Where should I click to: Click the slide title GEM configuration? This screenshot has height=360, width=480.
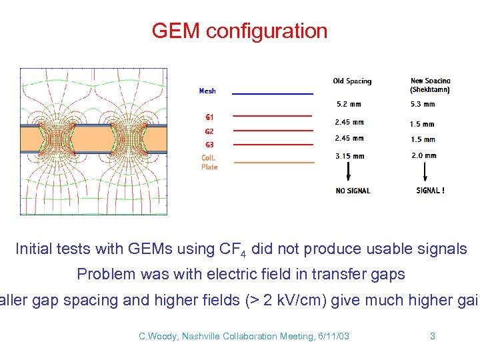[239, 31]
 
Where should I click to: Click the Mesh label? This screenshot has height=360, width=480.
[207, 91]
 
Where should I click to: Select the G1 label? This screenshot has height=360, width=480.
[209, 117]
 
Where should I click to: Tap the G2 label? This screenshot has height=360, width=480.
[209, 131]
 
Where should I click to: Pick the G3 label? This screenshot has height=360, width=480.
[209, 145]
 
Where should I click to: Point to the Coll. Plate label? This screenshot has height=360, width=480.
[209, 162]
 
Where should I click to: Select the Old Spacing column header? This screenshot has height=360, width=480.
[352, 81]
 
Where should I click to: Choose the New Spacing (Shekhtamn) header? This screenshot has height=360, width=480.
[430, 85]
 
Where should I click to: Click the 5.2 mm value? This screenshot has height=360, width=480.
[350, 104]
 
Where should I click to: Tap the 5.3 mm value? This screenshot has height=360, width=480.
[423, 104]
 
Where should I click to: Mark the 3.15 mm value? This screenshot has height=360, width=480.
[350, 156]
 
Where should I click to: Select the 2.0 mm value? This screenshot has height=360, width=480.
[424, 155]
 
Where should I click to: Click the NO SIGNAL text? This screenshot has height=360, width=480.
[353, 191]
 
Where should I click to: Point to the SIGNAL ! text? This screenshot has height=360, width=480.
[430, 191]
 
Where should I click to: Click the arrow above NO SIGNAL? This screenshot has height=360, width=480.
[348, 173]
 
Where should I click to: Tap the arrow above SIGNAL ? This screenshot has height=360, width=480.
[425, 173]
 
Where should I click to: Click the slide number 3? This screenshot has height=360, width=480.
[432, 336]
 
